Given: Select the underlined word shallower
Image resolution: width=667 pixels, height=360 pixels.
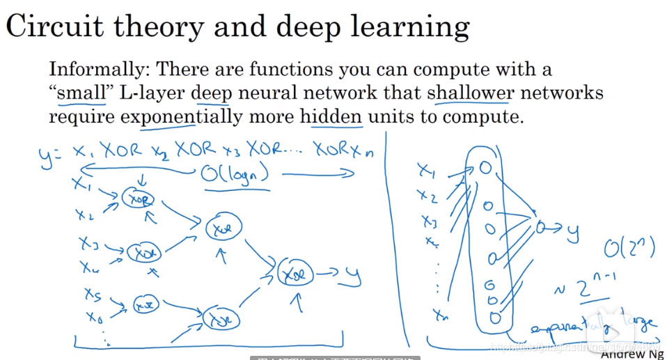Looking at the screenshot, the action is (471, 93).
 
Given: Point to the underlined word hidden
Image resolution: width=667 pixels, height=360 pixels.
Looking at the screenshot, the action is (331, 116).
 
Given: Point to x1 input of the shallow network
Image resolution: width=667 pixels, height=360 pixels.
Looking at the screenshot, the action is (426, 169).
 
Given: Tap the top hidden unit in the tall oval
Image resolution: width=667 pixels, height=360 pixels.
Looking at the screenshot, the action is (487, 169).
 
